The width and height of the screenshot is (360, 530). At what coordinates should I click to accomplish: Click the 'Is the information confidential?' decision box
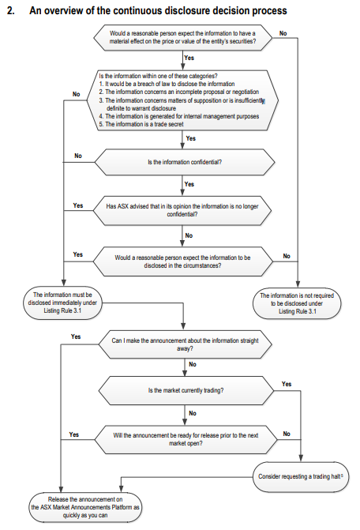(185, 162)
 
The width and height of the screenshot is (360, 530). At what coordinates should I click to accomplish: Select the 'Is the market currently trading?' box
(186, 390)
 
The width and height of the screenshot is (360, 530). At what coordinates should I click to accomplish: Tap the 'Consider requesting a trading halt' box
(301, 476)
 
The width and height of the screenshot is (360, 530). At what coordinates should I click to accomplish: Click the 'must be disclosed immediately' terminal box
(62, 303)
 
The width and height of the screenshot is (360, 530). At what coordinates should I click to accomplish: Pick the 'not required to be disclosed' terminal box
(297, 303)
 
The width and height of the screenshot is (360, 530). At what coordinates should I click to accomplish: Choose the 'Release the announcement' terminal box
(85, 507)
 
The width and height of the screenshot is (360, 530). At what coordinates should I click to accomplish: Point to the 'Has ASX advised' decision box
(182, 210)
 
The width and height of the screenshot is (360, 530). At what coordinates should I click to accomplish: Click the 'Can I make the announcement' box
(185, 344)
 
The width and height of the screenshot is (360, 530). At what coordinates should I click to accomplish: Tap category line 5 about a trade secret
(141, 124)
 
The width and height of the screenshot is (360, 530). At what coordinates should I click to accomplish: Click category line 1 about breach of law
(167, 84)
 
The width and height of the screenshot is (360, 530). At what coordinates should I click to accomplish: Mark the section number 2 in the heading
(10, 10)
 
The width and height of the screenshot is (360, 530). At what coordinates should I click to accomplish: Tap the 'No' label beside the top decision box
(283, 33)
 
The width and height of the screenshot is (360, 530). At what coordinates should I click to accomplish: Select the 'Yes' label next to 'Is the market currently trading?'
(287, 384)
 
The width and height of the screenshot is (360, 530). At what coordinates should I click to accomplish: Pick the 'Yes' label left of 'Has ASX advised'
(78, 205)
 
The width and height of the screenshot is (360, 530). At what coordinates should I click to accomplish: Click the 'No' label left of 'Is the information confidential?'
(78, 156)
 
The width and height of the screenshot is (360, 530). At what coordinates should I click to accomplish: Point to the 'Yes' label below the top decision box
(189, 58)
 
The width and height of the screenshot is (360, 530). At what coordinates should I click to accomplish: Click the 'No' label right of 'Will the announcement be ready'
(287, 434)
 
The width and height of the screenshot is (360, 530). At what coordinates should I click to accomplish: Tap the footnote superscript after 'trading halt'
(342, 475)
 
